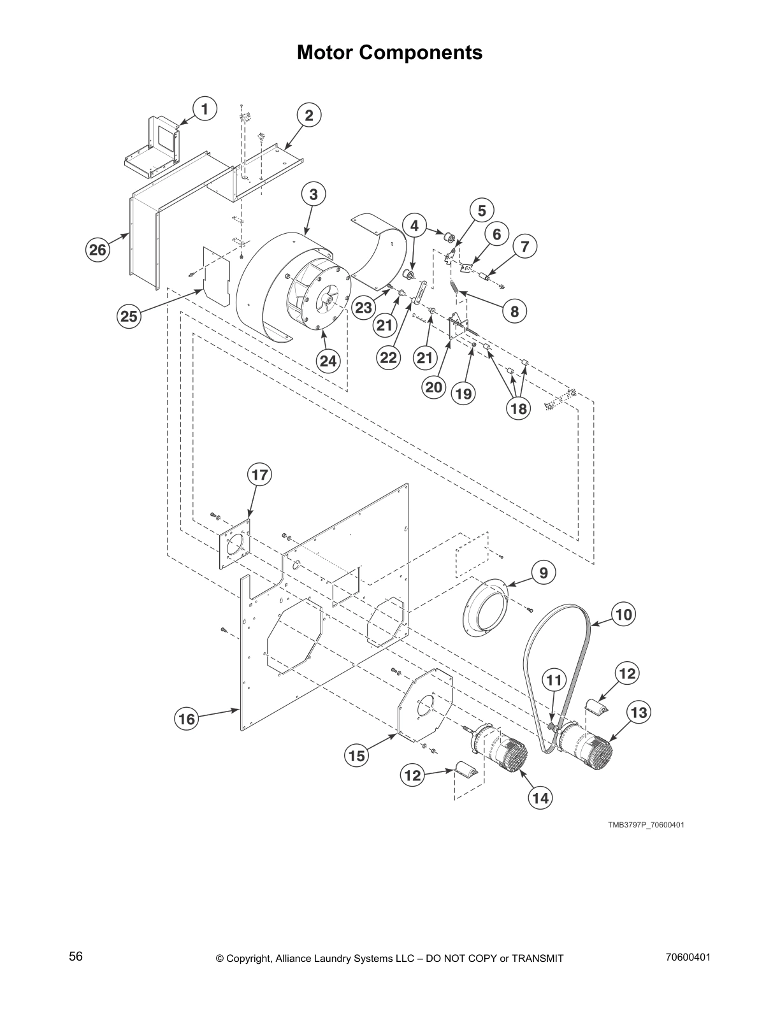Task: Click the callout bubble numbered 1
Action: tap(205, 109)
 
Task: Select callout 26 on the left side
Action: tap(97, 250)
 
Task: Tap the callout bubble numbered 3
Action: tap(314, 194)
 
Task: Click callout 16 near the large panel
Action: tap(187, 719)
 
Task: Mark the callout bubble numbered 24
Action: tap(328, 361)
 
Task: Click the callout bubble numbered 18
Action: tap(519, 408)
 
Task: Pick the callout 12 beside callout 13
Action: tap(627, 673)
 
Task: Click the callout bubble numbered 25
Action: tap(129, 316)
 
